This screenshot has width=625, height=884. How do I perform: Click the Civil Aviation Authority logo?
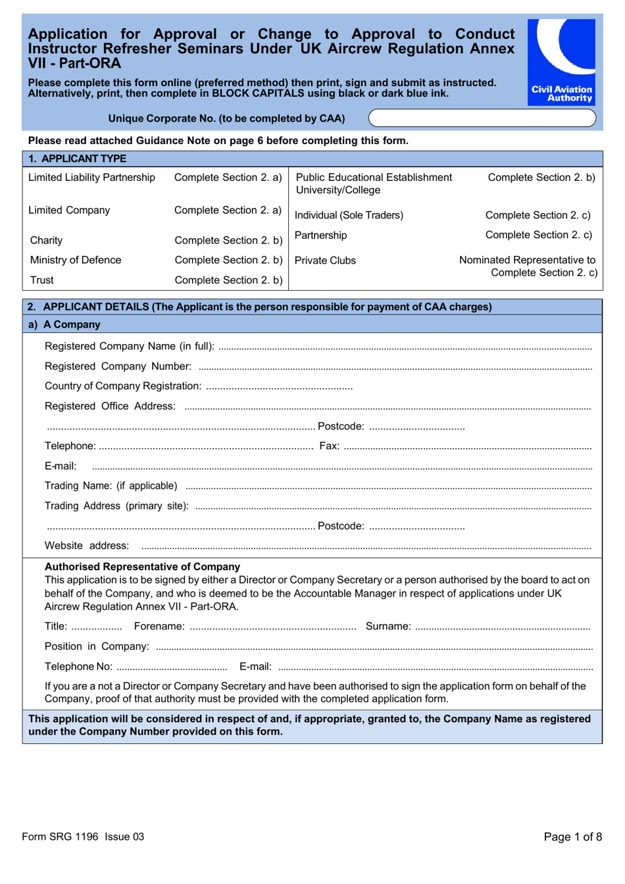coord(561,62)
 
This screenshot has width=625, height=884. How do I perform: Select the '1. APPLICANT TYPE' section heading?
coord(78,159)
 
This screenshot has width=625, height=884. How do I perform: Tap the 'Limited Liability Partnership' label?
coord(91,178)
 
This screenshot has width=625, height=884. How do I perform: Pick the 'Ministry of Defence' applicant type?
coord(76,260)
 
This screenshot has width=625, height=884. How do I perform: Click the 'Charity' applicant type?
coord(46,240)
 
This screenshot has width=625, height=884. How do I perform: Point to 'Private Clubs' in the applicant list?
coord(325,260)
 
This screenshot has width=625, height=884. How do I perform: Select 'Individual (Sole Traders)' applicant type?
coord(349,215)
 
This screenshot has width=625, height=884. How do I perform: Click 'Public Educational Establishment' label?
coord(374,178)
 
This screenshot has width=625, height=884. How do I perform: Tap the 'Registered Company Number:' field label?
coord(118,366)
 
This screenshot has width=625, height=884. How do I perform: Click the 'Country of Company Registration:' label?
coord(123,386)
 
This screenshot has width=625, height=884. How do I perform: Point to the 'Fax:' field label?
coord(329,446)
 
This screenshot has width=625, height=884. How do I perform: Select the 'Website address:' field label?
coord(87,546)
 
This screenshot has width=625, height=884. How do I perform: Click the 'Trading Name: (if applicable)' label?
coord(111,486)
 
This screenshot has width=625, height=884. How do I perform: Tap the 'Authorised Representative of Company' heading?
coord(142,566)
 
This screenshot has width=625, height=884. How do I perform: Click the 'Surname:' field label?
coord(388,626)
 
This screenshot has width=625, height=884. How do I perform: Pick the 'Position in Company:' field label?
coord(97,647)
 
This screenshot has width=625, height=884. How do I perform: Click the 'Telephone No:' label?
coord(78,666)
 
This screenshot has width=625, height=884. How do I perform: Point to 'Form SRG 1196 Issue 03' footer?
coord(83,837)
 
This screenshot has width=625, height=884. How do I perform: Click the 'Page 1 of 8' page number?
coord(572,837)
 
